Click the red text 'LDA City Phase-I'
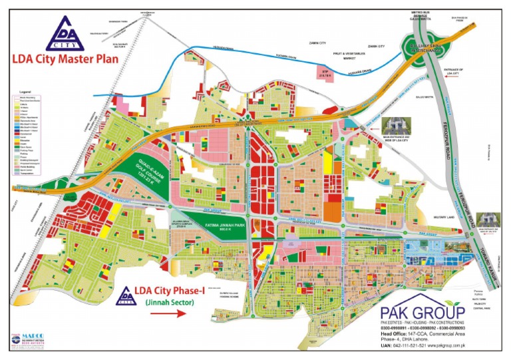click(x=170, y=290)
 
